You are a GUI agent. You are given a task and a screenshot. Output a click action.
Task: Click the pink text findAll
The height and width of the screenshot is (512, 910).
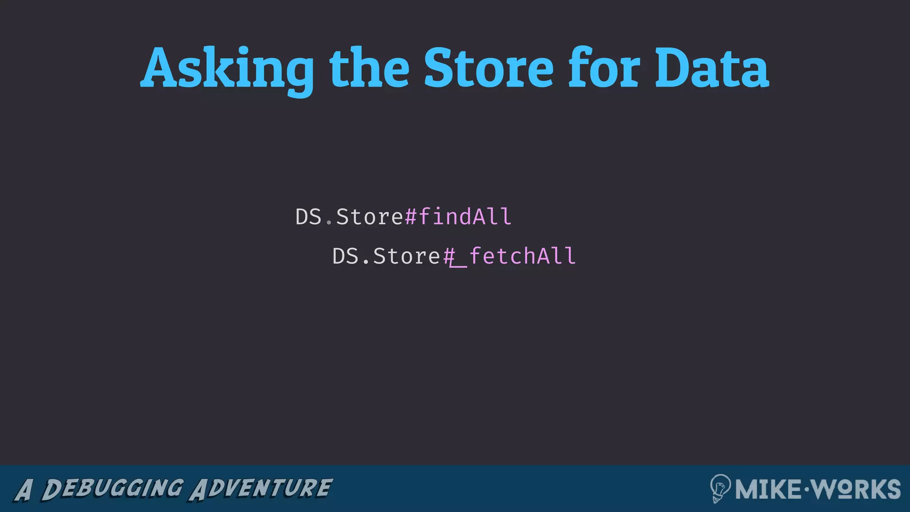tap(465, 217)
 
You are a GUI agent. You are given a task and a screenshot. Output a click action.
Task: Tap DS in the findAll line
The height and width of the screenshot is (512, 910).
tap(308, 217)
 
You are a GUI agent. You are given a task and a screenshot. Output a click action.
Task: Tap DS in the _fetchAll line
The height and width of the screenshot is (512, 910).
tap(345, 256)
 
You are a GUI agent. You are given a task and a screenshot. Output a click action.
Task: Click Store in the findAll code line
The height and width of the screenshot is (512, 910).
tap(369, 217)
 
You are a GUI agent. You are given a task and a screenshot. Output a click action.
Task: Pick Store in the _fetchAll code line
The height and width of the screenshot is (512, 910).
tap(406, 256)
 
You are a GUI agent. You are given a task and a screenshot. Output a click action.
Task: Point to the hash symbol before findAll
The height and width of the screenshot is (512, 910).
tap(411, 217)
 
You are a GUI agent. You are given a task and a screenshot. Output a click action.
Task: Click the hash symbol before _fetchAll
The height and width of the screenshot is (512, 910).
tap(449, 256)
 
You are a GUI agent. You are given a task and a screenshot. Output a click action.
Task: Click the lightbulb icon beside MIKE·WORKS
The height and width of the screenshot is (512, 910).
tap(720, 488)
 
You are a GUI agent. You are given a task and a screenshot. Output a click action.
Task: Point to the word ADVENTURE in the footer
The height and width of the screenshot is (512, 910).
tap(261, 488)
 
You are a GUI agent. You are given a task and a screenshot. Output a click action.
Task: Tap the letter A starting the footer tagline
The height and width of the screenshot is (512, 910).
tap(24, 490)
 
